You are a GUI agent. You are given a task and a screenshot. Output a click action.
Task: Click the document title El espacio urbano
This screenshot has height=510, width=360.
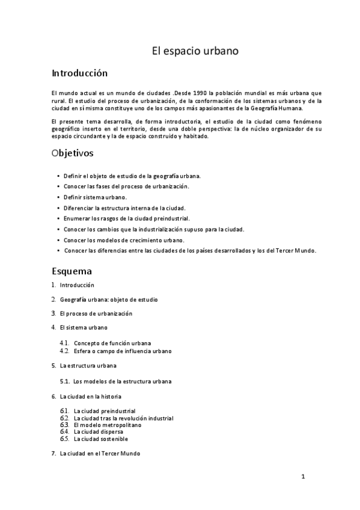195,52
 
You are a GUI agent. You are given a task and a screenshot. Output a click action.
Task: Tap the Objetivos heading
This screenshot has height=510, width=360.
73,153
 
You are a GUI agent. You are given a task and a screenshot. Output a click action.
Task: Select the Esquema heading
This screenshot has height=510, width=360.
72,271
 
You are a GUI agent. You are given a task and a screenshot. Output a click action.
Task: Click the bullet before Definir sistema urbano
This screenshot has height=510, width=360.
58,197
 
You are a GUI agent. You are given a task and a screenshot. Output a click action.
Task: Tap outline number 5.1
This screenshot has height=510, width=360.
65,381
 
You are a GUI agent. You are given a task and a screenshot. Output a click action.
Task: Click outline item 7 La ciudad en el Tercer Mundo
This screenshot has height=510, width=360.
100,453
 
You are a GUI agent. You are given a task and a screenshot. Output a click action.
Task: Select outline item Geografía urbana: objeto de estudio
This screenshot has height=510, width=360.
109,299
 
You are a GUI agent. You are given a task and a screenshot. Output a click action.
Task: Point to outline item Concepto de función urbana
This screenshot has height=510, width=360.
112,343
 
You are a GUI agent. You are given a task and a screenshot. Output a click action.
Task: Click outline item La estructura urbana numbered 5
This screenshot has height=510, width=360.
88,365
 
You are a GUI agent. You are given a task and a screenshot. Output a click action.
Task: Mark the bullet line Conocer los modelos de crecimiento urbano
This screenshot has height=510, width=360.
124,240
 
